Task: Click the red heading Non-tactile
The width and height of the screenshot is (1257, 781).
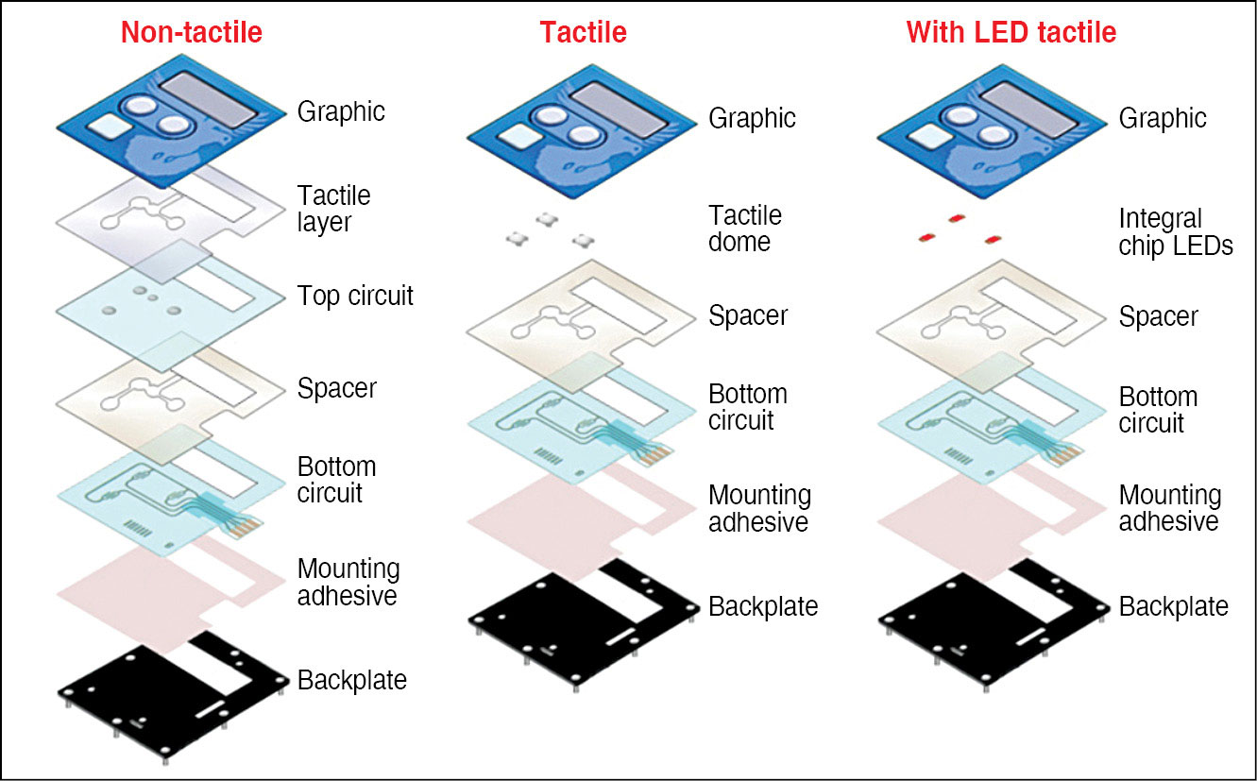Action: click(191, 33)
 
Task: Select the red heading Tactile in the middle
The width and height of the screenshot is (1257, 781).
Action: click(583, 33)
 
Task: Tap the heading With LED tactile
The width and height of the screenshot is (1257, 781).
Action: click(1011, 33)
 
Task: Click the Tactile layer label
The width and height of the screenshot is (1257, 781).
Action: click(333, 209)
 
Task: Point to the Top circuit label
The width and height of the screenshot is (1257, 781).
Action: click(355, 296)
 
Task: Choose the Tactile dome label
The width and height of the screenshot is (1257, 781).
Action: click(745, 229)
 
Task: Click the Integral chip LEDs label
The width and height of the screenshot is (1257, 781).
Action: click(1176, 232)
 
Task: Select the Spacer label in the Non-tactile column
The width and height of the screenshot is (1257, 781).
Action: click(336, 388)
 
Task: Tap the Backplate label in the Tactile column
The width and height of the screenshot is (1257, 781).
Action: click(763, 606)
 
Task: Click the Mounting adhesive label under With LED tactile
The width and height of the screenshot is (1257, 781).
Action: click(1169, 508)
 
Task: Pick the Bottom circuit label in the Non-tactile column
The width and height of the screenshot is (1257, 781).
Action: click(336, 480)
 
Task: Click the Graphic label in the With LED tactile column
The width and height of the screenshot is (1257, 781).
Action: click(1163, 119)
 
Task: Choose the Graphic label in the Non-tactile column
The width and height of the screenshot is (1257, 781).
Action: click(341, 111)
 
